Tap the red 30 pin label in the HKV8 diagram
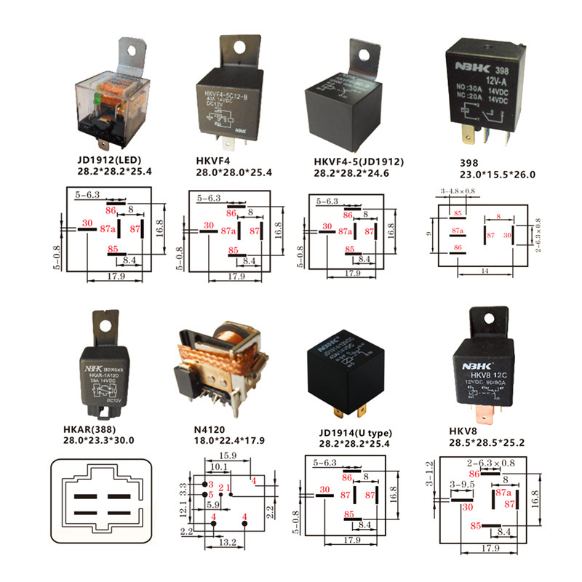467,507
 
